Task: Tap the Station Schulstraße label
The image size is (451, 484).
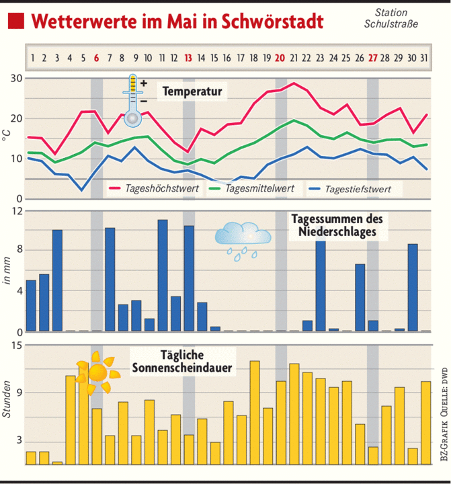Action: pos(390,18)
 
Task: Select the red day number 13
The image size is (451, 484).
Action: pos(188,58)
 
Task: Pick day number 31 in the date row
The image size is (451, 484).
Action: pos(423,58)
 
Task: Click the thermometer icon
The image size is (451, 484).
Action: pos(133,100)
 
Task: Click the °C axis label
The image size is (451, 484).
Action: pos(7,138)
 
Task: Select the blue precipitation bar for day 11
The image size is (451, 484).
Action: pos(162,275)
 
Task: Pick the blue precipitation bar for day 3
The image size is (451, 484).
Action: pos(57,280)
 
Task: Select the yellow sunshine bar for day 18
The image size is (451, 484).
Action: pos(254,412)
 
